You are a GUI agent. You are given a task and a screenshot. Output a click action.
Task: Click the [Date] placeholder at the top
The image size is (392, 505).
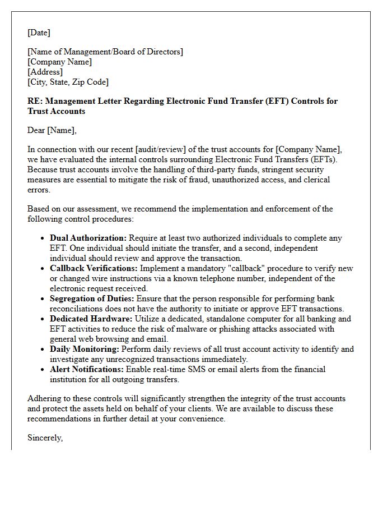pos(39,33)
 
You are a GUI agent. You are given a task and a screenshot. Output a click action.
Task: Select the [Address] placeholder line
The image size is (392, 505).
pos(45,72)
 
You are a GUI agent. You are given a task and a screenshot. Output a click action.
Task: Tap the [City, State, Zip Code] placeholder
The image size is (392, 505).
pos(68,82)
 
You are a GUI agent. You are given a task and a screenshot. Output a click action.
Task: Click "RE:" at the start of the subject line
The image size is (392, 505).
pos(34,101)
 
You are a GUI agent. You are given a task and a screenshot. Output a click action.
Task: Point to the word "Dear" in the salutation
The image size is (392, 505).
pos(36,130)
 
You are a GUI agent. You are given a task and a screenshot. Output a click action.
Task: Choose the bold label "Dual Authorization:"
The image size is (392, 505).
pos(88,238)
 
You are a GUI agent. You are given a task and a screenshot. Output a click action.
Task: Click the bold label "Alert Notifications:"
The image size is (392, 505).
pos(87,369)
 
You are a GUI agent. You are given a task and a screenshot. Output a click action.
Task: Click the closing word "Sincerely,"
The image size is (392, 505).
pos(45,438)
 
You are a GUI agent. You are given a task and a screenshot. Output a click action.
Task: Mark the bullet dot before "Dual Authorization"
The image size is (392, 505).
pos(43,238)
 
